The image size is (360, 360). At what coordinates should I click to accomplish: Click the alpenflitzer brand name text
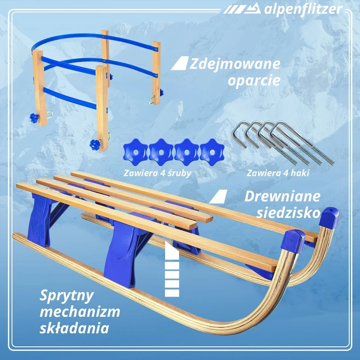point(303,9)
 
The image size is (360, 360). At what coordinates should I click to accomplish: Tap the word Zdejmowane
point(234,64)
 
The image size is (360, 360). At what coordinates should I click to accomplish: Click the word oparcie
point(254,81)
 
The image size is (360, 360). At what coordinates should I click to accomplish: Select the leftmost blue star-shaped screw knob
point(135,152)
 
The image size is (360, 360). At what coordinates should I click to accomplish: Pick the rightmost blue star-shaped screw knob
point(212,152)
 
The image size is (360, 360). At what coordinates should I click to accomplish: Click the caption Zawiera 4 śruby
point(157,173)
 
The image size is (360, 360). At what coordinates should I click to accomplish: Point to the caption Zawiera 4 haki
point(278,173)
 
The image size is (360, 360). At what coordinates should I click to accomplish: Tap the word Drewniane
point(283,197)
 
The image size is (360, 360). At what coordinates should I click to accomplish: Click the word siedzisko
point(288,213)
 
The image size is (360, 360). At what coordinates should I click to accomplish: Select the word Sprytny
point(67,296)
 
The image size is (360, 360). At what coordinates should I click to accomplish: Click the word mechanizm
point(80,312)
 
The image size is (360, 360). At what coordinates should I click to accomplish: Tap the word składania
point(74,328)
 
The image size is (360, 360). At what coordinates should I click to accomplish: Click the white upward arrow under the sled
point(172,269)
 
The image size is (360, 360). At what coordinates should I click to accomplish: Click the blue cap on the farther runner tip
point(329,217)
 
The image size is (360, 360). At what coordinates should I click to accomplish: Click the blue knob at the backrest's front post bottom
point(95,144)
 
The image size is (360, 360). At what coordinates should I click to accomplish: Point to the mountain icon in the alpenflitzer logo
point(252,9)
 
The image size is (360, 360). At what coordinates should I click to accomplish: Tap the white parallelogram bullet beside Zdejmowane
point(180,63)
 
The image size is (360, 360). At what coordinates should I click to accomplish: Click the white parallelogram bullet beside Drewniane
point(218,197)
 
